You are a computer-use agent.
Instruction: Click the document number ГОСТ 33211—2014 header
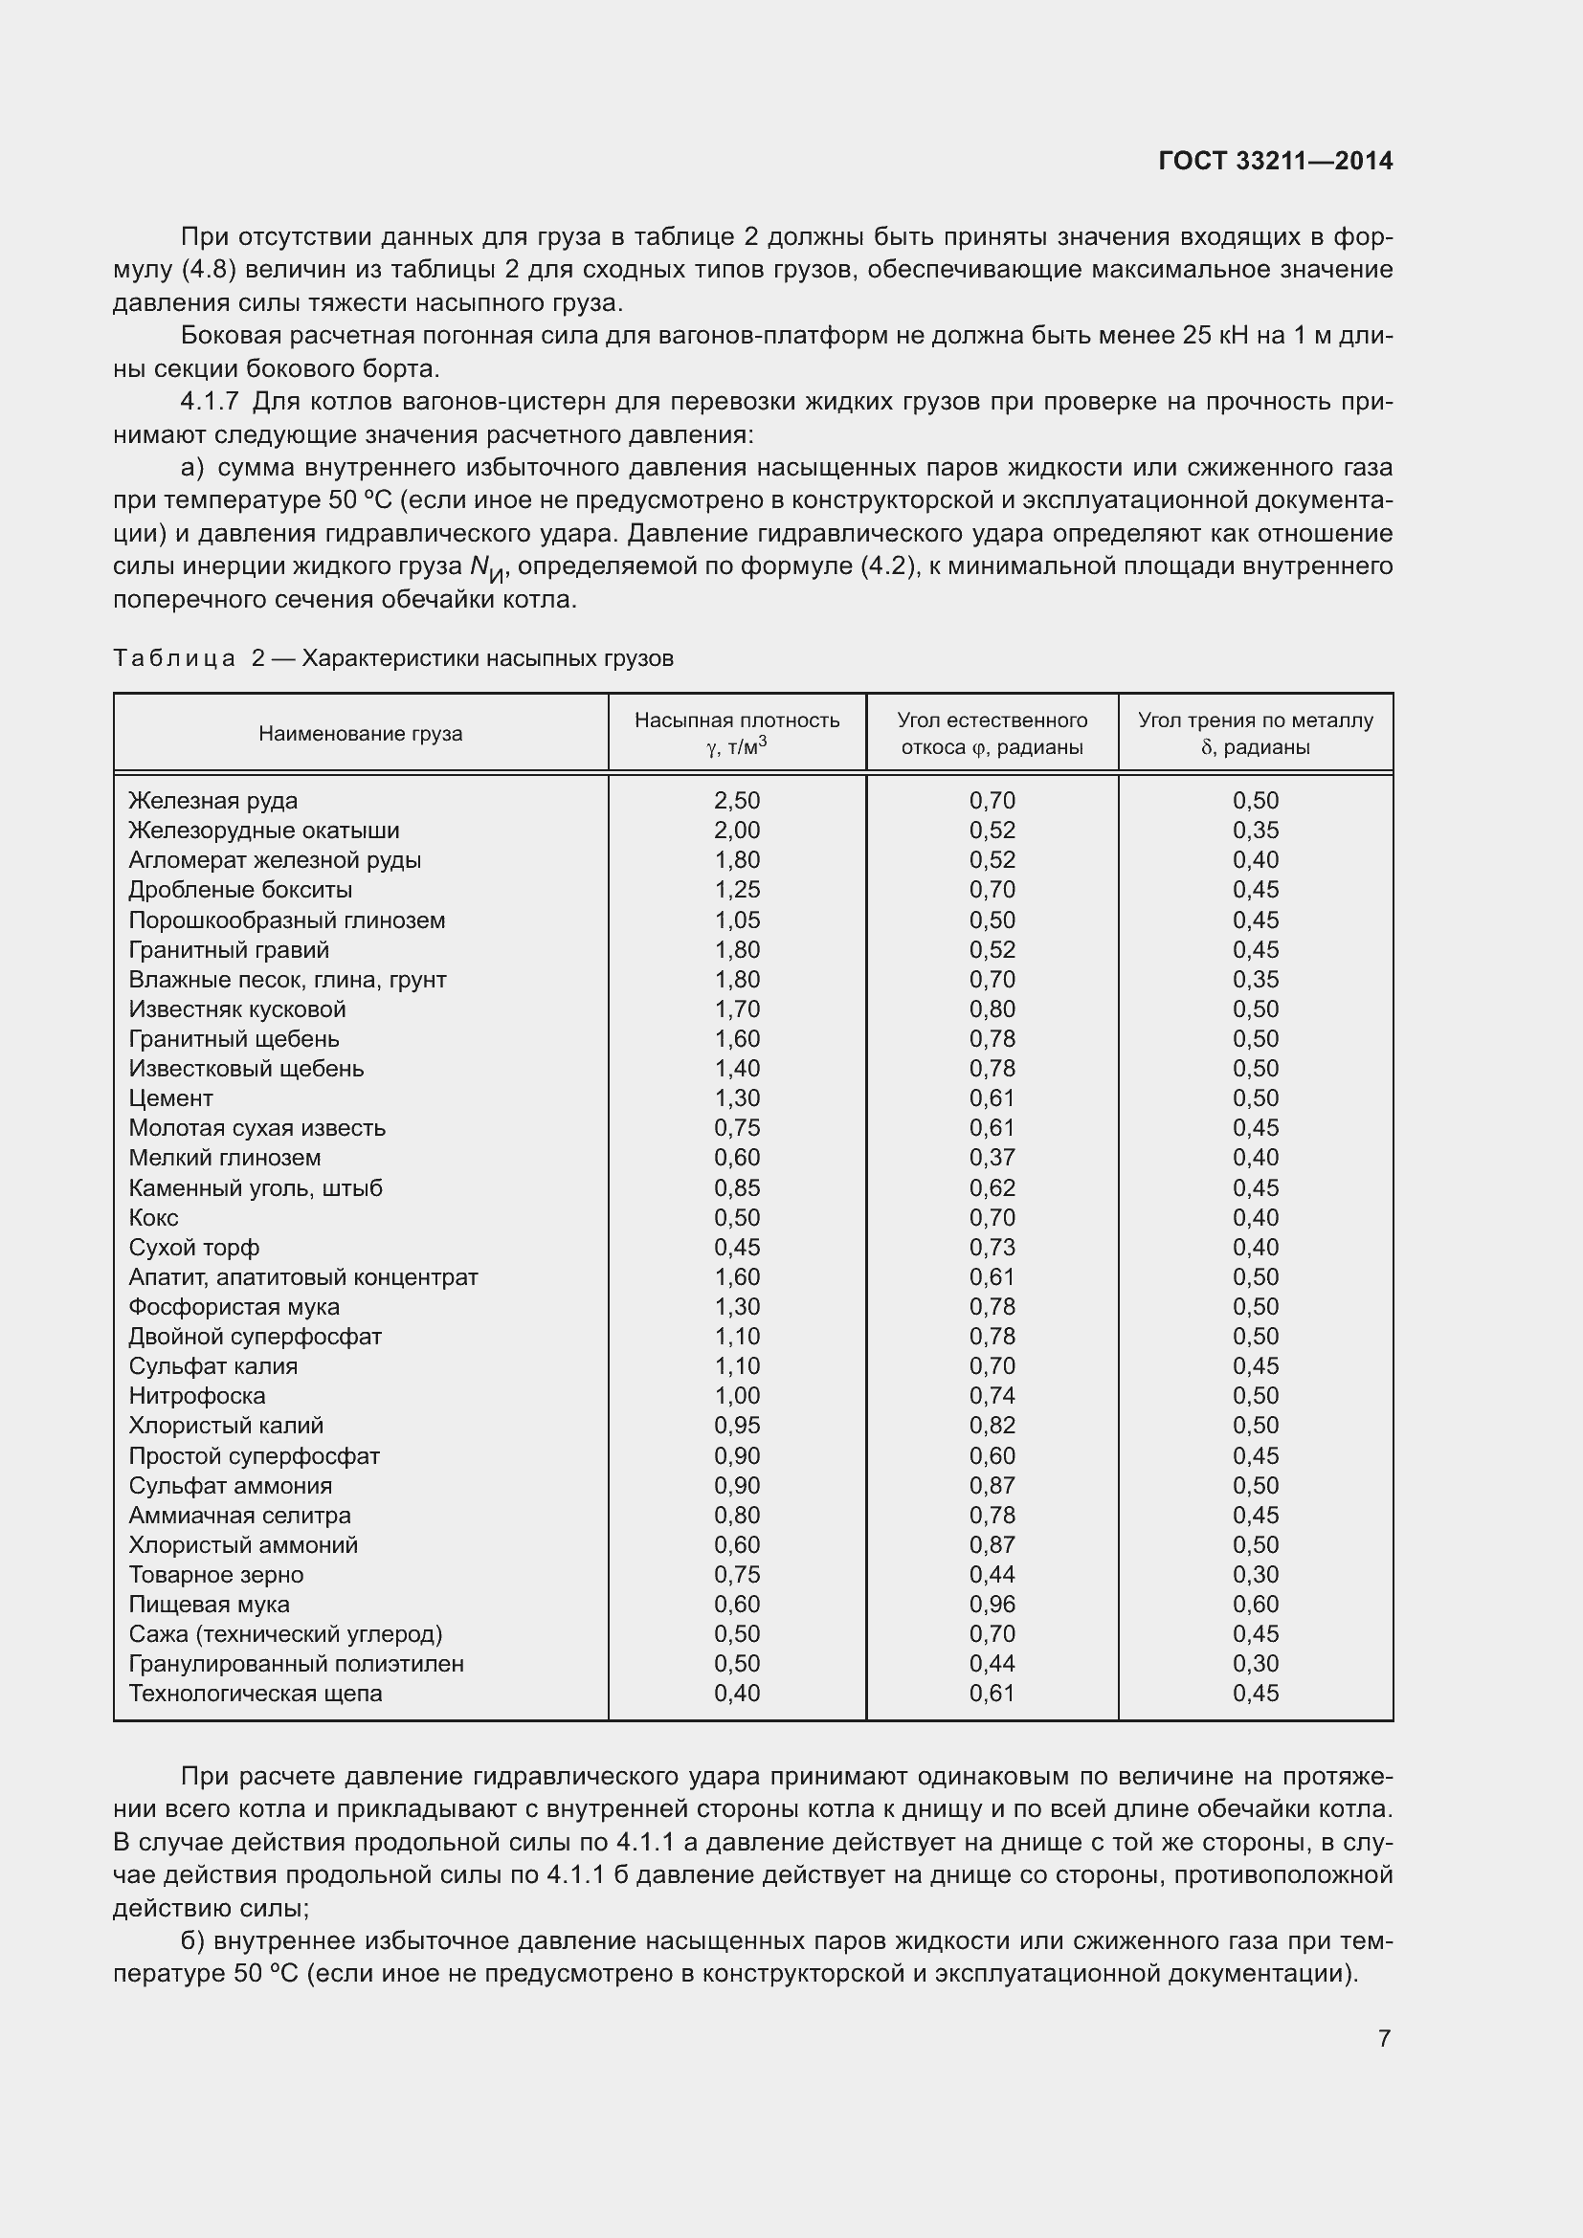[x=1275, y=161]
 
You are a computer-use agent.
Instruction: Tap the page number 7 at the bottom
[x=1384, y=2037]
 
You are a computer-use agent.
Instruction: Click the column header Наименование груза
[x=361, y=733]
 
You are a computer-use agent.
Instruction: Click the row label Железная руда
[x=213, y=800]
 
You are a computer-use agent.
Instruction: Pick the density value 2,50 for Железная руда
[x=737, y=800]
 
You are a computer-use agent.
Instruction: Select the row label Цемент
[x=170, y=1097]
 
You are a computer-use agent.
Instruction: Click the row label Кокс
[x=154, y=1217]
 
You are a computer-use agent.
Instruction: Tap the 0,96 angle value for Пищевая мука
[x=992, y=1605]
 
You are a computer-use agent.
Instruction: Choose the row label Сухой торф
[x=194, y=1247]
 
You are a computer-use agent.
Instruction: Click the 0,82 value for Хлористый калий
[x=992, y=1425]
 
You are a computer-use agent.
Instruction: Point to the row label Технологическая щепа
[x=256, y=1694]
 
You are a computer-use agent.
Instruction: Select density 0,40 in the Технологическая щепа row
[x=737, y=1694]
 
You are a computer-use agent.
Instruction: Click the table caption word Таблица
[x=174, y=658]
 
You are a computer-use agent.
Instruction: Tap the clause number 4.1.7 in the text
[x=210, y=402]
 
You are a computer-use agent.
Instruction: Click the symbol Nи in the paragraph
[x=486, y=567]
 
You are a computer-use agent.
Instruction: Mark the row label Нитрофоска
[x=197, y=1396]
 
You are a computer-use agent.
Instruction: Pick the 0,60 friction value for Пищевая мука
[x=1256, y=1605]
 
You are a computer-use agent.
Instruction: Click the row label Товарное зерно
[x=216, y=1574]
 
